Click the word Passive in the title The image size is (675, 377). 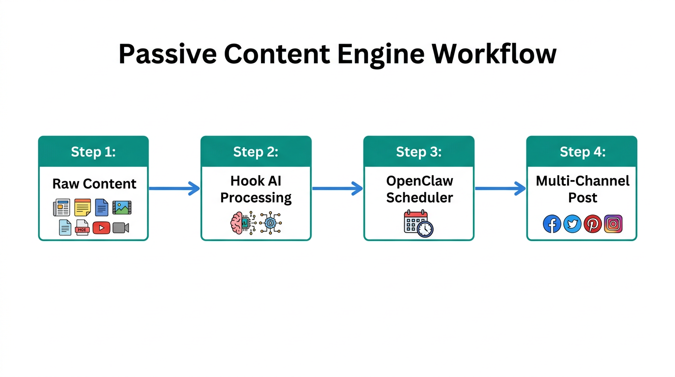click(167, 54)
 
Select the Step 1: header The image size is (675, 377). click(93, 152)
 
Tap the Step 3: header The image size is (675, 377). click(418, 152)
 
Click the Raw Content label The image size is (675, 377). click(94, 184)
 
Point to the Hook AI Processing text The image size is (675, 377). click(256, 189)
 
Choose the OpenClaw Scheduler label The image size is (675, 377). click(419, 189)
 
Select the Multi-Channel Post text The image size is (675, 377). click(582, 189)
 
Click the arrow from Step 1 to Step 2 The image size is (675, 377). click(174, 188)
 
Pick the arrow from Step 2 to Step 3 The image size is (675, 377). click(337, 188)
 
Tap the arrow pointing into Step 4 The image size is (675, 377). click(500, 188)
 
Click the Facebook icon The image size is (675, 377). click(552, 224)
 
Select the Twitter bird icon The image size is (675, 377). click(572, 224)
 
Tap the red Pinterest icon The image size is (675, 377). click(593, 224)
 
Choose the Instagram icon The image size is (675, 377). click(613, 224)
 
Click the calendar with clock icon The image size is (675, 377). click(418, 224)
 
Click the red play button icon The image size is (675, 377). click(101, 228)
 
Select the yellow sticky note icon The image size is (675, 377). click(82, 208)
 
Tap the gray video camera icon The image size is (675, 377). click(121, 228)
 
